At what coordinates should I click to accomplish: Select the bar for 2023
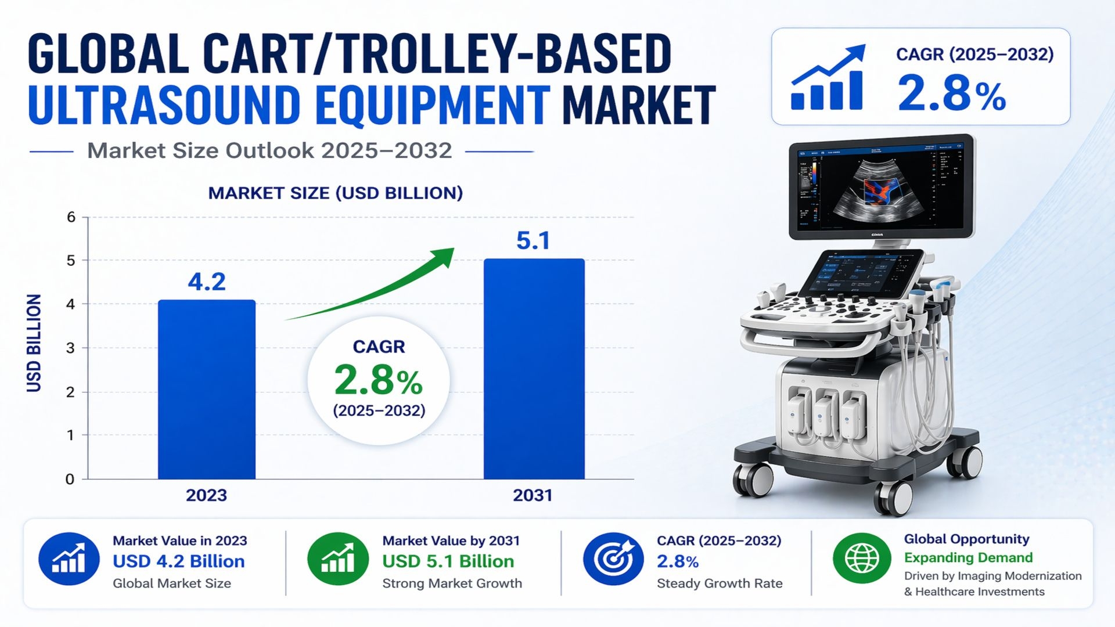(207, 389)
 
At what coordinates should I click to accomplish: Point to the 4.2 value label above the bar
(207, 282)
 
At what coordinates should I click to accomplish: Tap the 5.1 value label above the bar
(533, 241)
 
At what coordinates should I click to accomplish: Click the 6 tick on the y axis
(71, 217)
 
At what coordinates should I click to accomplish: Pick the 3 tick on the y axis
(70, 348)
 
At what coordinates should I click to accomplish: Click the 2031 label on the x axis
(533, 495)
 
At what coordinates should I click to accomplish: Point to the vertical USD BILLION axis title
(34, 343)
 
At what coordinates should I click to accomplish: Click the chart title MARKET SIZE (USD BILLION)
(336, 193)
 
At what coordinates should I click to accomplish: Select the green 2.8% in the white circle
(379, 381)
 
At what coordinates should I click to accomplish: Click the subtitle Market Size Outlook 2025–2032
(269, 151)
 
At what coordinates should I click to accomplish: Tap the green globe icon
(862, 558)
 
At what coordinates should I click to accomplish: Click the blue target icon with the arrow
(613, 558)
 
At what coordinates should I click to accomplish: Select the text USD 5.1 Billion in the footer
(448, 561)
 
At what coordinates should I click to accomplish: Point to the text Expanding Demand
(968, 558)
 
